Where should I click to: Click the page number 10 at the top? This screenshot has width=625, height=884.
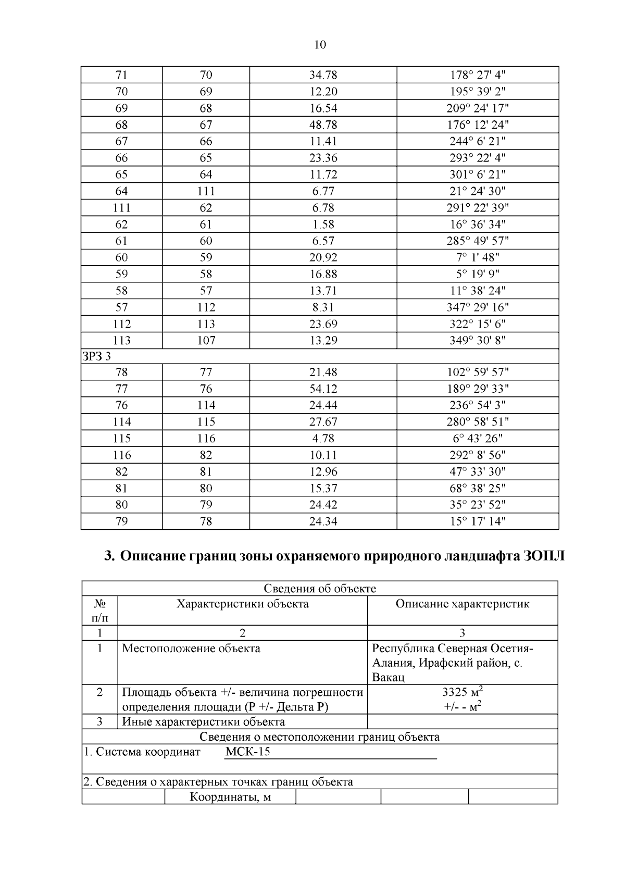click(320, 45)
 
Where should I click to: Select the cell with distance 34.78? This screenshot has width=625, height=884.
click(323, 75)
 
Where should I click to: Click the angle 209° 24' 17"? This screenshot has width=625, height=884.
click(478, 108)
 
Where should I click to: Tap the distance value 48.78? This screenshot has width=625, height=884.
click(323, 125)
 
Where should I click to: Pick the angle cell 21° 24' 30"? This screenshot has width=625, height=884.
click(478, 191)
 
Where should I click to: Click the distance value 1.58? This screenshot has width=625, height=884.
click(323, 225)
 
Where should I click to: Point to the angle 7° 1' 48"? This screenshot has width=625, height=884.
click(478, 257)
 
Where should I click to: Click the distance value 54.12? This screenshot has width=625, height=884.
click(323, 389)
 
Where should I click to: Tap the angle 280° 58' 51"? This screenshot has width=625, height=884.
click(478, 422)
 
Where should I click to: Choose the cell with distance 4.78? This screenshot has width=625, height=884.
click(323, 439)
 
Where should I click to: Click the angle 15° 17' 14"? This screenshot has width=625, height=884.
click(478, 521)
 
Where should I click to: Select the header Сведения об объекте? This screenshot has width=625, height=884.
click(320, 589)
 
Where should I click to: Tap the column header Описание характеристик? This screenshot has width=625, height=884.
click(463, 604)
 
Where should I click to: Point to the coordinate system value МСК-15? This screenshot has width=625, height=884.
click(248, 752)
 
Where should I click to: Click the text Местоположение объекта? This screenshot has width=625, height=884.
click(191, 649)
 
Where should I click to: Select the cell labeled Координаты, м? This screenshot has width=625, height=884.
click(230, 797)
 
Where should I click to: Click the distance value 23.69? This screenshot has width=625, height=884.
click(323, 324)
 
